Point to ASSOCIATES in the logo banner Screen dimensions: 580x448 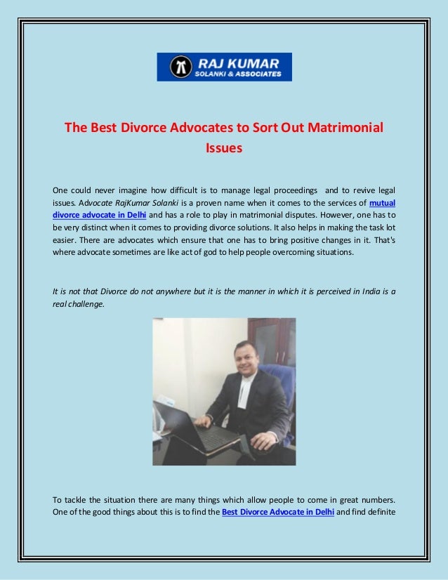pos(258,72)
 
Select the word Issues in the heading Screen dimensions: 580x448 pos(223,148)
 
